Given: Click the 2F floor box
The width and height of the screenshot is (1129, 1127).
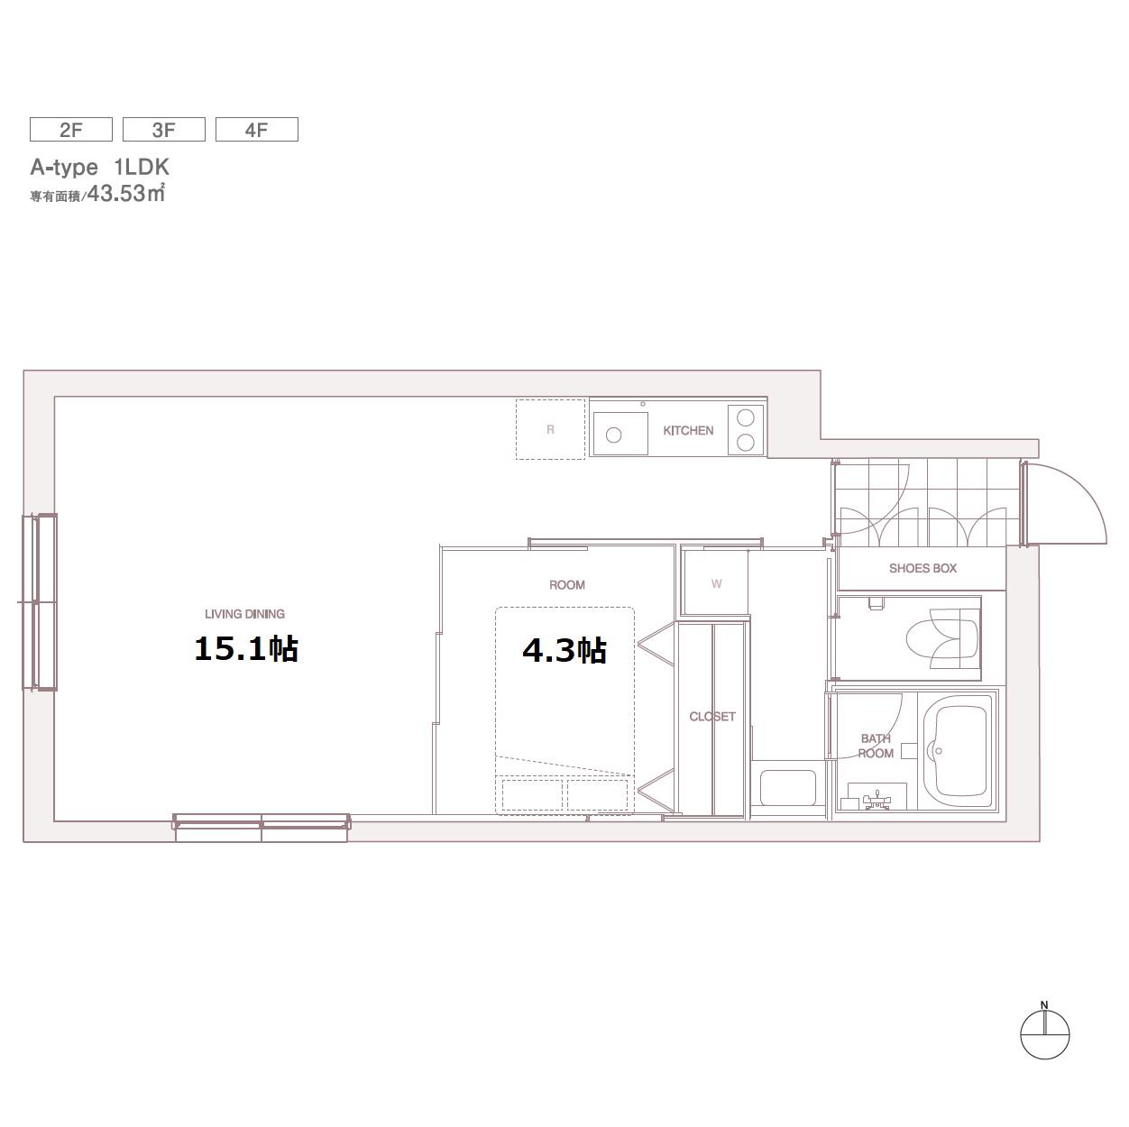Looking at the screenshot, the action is tap(71, 130).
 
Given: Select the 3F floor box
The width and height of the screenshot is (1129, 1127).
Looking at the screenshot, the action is tap(164, 130).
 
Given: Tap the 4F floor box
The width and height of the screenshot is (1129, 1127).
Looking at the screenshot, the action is tap(257, 130).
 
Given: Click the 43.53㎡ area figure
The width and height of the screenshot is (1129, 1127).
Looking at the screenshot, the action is tap(126, 194).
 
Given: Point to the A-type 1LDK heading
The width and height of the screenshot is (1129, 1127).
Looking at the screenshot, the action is tap(99, 168).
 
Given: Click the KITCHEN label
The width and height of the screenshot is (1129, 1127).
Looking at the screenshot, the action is tap(688, 431).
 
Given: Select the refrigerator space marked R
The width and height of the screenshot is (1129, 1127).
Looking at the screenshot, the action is tap(550, 429).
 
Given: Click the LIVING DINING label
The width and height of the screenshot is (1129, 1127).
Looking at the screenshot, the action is tap(245, 614).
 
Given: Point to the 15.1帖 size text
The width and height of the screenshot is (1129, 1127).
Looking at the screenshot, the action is tap(246, 649).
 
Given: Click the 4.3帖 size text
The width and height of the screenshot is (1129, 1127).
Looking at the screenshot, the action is tap(564, 651).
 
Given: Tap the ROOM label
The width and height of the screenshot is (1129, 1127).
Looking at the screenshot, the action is tap(567, 585).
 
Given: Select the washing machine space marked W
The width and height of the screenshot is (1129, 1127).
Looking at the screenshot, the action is tap(716, 583).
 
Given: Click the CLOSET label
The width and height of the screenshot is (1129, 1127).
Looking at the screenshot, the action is tap(712, 717).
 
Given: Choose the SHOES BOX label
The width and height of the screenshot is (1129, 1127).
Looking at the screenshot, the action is tap(922, 569).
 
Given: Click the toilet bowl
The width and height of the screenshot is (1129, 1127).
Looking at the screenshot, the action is tap(942, 638).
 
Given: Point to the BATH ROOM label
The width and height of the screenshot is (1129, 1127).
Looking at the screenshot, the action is tap(876, 746).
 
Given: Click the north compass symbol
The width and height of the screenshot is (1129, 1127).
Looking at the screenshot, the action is tap(1044, 1035).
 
